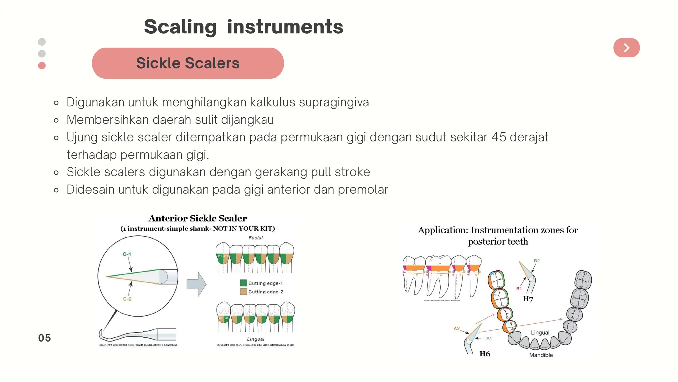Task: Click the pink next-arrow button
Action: [x=626, y=48]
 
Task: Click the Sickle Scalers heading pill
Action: [x=188, y=63]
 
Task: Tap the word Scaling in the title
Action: [x=180, y=27]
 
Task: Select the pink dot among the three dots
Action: [x=42, y=65]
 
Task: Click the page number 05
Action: [x=44, y=338]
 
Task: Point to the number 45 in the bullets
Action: [x=499, y=137]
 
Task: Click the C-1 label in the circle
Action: [x=127, y=254]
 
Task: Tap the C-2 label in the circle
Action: [x=127, y=299]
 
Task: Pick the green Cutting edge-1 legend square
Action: [x=243, y=283]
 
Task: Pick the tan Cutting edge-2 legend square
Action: [x=243, y=292]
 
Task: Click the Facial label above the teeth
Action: [x=255, y=238]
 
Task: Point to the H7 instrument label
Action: [x=528, y=299]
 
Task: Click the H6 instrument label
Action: [x=485, y=354]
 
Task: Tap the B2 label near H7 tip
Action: [x=537, y=261]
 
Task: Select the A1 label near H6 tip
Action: [x=489, y=338]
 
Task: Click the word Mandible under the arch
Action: [x=541, y=355]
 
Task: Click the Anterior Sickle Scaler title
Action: [x=198, y=218]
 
